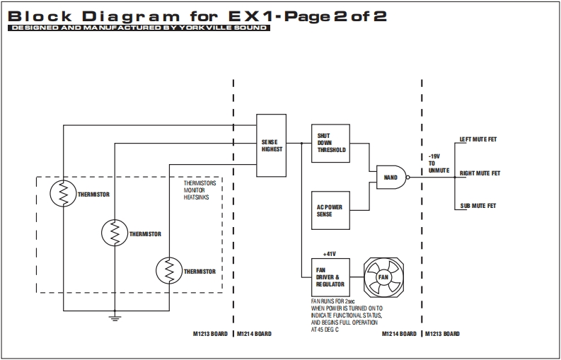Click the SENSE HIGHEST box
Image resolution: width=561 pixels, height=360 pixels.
pyautogui.click(x=272, y=145)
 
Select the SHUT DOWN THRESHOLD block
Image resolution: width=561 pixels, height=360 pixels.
pyautogui.click(x=331, y=143)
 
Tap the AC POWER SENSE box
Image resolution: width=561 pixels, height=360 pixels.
pyautogui.click(x=331, y=210)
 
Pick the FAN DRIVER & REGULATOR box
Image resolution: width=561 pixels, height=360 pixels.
pyautogui.click(x=331, y=277)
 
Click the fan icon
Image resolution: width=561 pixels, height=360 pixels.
pyautogui.click(x=383, y=277)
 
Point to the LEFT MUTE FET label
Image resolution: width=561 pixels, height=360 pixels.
pyautogui.click(x=478, y=139)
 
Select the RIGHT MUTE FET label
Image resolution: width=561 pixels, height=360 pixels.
pyautogui.click(x=480, y=173)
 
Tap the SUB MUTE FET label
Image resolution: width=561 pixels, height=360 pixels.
pyautogui.click(x=478, y=206)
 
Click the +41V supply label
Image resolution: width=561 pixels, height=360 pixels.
pyautogui.click(x=329, y=253)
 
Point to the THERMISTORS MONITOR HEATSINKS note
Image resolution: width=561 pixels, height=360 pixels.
pyautogui.click(x=199, y=190)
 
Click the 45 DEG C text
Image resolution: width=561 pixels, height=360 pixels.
pyautogui.click(x=325, y=329)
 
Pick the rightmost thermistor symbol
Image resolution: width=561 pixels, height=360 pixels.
pyautogui.click(x=169, y=271)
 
